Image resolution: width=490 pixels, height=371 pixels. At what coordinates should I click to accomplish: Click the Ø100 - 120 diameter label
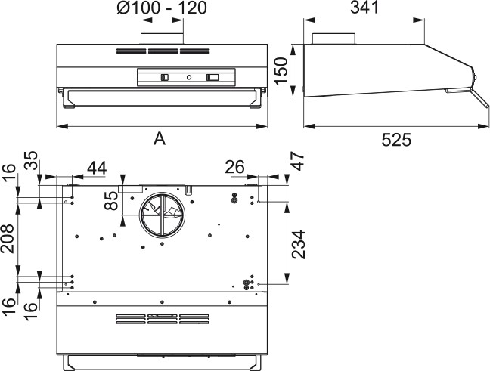pos(163,10)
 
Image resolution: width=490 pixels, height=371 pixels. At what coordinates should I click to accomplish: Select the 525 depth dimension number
pos(396,139)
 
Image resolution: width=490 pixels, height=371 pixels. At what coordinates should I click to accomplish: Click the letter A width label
pos(160,138)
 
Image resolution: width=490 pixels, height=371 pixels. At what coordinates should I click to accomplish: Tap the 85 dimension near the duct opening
pos(112,202)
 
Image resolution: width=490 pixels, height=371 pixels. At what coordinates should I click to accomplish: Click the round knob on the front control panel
pos(188,77)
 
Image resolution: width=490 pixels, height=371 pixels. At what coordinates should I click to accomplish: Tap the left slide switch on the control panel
pos(165,77)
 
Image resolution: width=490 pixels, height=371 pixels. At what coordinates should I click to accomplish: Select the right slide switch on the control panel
pos(212,77)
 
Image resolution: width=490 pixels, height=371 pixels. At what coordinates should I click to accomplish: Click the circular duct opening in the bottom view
pos(160,215)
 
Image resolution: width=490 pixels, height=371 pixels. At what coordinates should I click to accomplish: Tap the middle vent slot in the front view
pos(163,52)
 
